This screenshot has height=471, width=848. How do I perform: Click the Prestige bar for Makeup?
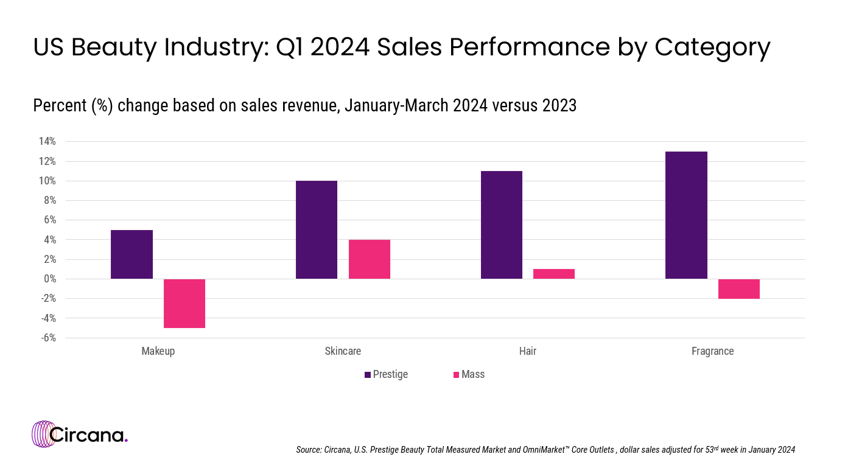(x=131, y=254)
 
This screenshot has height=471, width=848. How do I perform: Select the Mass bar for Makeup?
(x=184, y=303)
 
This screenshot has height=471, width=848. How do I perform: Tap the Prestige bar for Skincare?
(x=317, y=229)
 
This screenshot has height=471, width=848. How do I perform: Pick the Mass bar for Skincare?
(x=370, y=259)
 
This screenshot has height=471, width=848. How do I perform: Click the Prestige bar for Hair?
(x=502, y=225)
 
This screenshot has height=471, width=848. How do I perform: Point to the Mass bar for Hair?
(x=554, y=274)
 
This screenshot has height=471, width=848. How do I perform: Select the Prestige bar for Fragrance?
(x=686, y=215)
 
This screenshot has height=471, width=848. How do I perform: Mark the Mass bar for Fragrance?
(x=739, y=288)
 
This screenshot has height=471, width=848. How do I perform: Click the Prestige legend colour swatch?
(x=368, y=375)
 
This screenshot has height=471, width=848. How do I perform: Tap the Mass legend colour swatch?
(x=456, y=375)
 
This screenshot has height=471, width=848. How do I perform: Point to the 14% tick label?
(x=47, y=142)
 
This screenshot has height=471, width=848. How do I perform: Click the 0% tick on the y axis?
(x=49, y=279)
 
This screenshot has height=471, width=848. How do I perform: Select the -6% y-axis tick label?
(x=47, y=338)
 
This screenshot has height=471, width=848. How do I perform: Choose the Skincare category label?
(x=343, y=351)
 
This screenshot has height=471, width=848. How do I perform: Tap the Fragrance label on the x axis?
(x=712, y=351)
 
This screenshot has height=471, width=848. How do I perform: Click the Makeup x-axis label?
(x=158, y=351)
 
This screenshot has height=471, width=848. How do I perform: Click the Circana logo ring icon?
(x=43, y=434)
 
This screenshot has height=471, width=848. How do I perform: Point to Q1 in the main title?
(x=294, y=47)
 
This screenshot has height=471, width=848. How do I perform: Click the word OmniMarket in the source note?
(x=541, y=450)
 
